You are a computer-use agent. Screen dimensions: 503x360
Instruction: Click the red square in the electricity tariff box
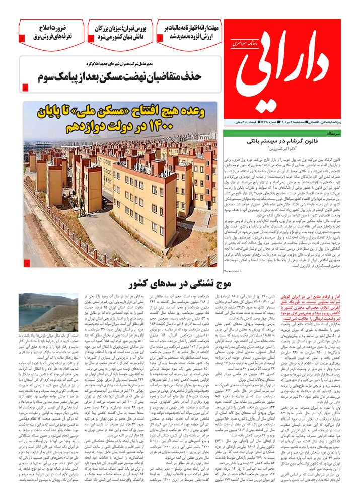coord(22,38)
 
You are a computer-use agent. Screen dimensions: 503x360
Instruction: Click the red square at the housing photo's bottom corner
coord(27,263)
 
